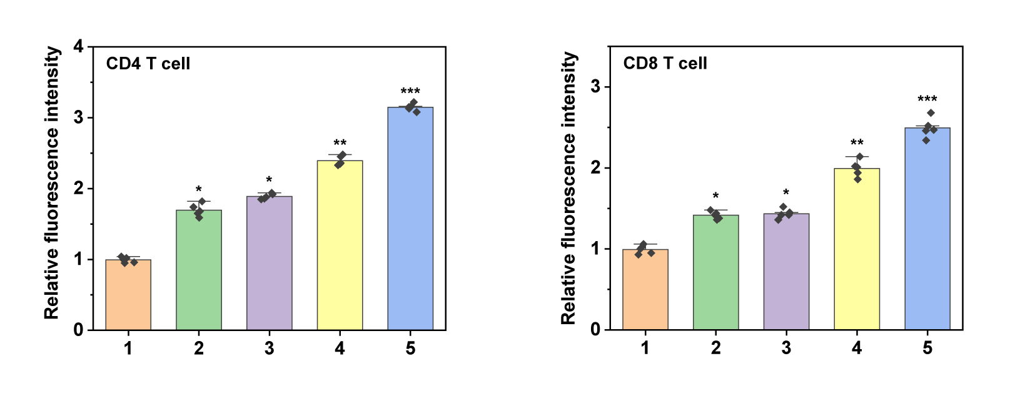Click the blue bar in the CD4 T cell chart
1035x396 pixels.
[x=410, y=219]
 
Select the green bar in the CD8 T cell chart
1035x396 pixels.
[x=715, y=272]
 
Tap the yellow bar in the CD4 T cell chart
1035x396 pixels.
[x=340, y=245]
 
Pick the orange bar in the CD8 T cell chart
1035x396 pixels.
[x=645, y=289]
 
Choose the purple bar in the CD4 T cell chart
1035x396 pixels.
[x=269, y=263]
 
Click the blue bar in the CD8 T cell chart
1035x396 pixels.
[x=927, y=229]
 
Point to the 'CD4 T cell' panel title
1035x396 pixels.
[x=148, y=64]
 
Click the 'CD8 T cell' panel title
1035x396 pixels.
[x=665, y=64]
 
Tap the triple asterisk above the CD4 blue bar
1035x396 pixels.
[x=410, y=92]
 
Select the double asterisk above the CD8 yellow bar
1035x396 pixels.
[x=857, y=144]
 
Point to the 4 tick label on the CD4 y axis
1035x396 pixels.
[x=79, y=47]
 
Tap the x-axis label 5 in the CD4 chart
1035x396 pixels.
[x=410, y=349]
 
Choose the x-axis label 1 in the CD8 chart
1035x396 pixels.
[x=645, y=349]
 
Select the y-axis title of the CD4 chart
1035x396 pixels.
[x=53, y=183]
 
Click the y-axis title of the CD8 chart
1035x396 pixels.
[x=568, y=188]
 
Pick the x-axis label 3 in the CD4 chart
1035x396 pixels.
[x=269, y=349]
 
